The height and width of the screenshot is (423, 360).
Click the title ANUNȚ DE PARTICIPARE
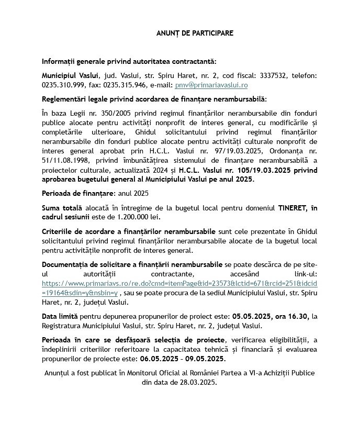[x=195, y=33]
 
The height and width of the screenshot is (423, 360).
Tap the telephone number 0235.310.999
[x=62, y=85]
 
